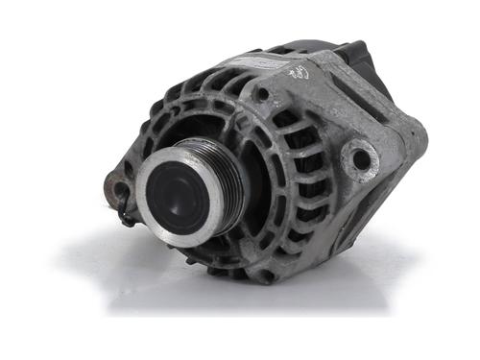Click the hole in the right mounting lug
coord(361,159)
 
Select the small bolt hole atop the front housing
coord(261,95)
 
